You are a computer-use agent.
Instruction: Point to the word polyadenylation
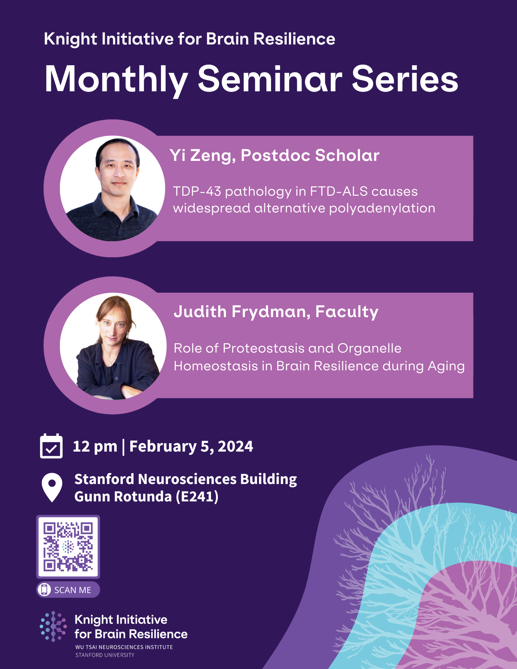pos(382,208)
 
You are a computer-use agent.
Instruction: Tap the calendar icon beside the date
pos(51,446)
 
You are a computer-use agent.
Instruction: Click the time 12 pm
pos(95,447)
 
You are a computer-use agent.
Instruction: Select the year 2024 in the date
pos(235,447)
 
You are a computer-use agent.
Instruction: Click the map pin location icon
pos(52,487)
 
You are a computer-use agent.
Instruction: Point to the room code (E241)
pos(197,497)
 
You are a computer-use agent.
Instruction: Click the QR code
pos(68,547)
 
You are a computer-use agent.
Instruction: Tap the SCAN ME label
pos(73,590)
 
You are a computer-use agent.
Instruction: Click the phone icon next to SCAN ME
pos(44,589)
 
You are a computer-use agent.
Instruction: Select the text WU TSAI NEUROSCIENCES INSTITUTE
pos(124,647)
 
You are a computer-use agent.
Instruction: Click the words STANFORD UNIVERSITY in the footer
pos(105,655)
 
